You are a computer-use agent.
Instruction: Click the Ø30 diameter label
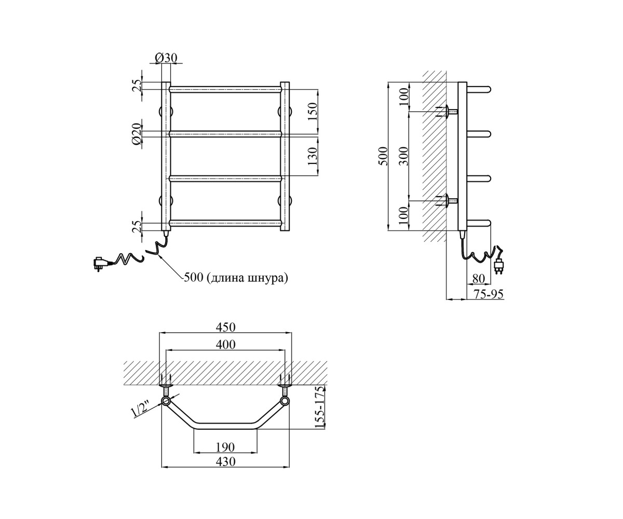(x=166, y=58)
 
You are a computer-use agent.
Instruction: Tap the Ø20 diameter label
(x=137, y=134)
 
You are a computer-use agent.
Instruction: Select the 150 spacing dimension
(x=313, y=111)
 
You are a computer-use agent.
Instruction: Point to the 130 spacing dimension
(x=313, y=157)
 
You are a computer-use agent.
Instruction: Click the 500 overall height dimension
(x=384, y=156)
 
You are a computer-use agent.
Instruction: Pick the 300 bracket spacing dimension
(x=404, y=156)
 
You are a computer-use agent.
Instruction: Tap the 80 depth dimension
(x=478, y=279)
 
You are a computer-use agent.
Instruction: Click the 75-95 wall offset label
(x=489, y=294)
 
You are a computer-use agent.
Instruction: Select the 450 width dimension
(x=225, y=327)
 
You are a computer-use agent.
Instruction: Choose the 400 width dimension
(x=225, y=345)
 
